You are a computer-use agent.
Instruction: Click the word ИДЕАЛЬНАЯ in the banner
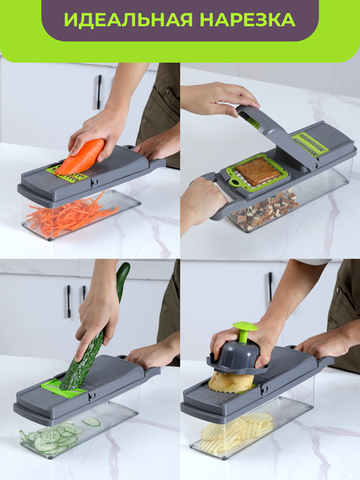click(128, 20)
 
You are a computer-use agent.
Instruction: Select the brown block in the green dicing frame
click(257, 172)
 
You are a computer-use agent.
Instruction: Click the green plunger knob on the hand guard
click(244, 331)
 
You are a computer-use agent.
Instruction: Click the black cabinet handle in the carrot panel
click(99, 92)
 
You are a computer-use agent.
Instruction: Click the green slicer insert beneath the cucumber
click(63, 387)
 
